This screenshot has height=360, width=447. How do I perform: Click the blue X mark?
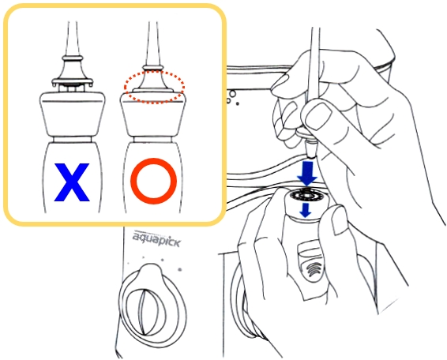(x=72, y=182)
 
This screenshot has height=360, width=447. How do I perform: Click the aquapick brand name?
(x=156, y=240)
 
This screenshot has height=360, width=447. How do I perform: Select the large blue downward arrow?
(x=307, y=174)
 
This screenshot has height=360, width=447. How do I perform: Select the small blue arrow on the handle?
(x=306, y=210)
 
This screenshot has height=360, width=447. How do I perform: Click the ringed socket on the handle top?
(x=306, y=196)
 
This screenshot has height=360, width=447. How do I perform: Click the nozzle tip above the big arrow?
(x=310, y=149)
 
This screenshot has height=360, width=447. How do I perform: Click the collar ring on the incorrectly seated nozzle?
(x=73, y=58)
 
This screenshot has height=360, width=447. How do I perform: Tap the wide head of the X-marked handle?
(x=73, y=114)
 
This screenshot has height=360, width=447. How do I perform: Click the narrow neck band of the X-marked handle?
(x=73, y=140)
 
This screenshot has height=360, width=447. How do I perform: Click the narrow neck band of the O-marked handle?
(x=152, y=140)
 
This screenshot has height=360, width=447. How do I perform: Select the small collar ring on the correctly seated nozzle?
(x=153, y=68)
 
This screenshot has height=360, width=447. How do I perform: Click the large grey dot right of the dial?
(x=179, y=269)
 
